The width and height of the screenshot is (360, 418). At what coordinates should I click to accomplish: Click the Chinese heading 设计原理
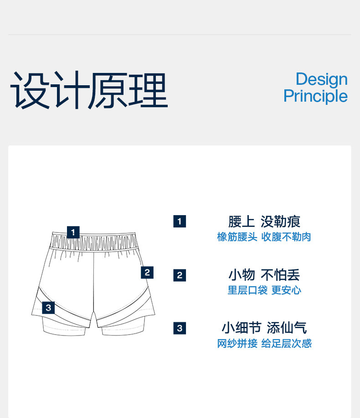[x=89, y=90]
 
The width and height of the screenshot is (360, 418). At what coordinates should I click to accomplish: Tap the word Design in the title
[x=321, y=79]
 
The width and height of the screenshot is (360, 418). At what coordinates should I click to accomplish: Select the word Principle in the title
[x=315, y=96]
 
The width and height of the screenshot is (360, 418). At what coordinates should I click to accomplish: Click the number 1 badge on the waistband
[x=73, y=232]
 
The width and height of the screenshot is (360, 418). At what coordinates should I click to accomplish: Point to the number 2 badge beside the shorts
[x=147, y=273]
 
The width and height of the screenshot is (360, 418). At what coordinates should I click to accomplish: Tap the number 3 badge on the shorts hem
[x=49, y=308]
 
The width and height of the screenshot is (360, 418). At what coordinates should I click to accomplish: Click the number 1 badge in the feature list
[x=180, y=222]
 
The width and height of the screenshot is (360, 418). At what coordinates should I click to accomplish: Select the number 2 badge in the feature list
[x=180, y=275]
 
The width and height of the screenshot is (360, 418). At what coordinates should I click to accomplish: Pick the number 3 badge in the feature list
[x=180, y=328]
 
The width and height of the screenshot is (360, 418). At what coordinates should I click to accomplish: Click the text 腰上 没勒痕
[x=264, y=222]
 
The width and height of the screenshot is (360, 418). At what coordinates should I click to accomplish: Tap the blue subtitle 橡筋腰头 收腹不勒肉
[x=264, y=237]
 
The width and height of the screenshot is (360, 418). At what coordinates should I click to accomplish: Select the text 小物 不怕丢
[x=264, y=275]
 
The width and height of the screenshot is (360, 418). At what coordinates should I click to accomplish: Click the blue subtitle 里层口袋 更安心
[x=264, y=290]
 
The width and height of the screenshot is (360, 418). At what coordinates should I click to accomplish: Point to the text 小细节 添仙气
[x=264, y=328]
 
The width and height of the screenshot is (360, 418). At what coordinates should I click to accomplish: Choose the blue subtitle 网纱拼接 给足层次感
[x=264, y=344]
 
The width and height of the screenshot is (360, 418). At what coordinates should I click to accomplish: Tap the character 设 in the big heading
[x=29, y=90]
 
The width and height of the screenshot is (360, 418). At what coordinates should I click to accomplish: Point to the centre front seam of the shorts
[x=93, y=283]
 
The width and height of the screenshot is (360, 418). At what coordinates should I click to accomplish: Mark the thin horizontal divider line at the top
[x=180, y=35]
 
